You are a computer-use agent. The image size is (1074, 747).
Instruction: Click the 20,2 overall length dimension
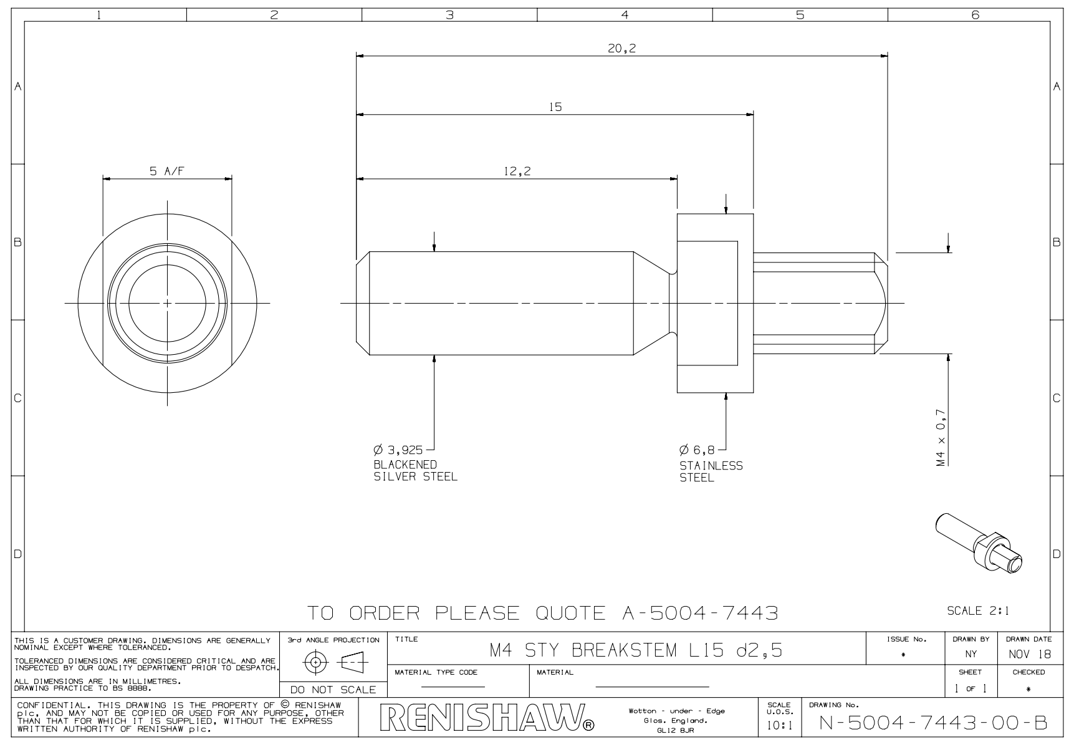pos(621,49)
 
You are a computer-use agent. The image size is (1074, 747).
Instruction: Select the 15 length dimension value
pos(555,107)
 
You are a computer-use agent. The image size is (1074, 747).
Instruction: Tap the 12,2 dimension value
pos(517,171)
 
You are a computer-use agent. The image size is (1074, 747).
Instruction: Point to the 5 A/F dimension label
pos(166,171)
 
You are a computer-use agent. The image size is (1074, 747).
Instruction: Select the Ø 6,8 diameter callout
pos(698,450)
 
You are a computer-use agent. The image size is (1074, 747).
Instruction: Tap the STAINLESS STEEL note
pos(711,472)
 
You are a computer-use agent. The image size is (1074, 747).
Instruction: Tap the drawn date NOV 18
pos(1028,655)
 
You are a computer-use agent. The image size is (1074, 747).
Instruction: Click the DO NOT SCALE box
pos(333,690)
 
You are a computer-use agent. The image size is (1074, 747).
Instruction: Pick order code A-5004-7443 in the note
pos(700,614)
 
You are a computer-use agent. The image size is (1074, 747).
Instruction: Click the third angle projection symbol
pos(333,662)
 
